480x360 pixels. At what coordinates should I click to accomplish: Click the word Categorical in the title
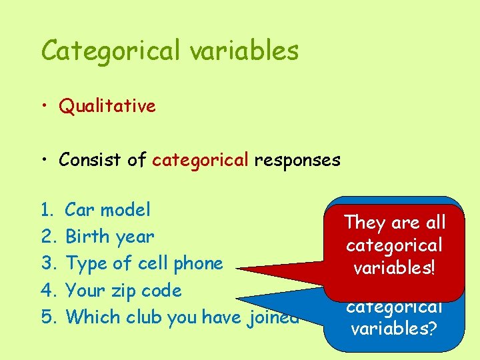[109, 51]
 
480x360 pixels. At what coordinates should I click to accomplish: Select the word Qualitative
[107, 106]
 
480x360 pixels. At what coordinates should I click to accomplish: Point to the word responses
[297, 160]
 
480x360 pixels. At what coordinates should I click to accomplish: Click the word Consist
[89, 160]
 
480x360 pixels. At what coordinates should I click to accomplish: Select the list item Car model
[107, 210]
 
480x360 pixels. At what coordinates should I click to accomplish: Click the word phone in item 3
[201, 263]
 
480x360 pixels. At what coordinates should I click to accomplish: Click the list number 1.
[47, 211]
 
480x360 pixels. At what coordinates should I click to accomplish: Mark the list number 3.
[47, 264]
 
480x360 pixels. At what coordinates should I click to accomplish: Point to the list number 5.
[47, 317]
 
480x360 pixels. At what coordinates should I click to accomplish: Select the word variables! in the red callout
[394, 268]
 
